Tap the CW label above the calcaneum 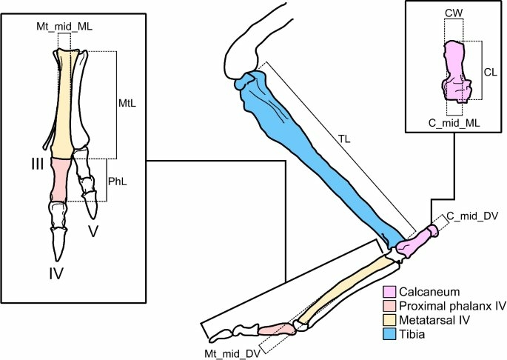tap(454, 13)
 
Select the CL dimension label tap(489, 72)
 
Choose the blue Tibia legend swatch tap(389, 333)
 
